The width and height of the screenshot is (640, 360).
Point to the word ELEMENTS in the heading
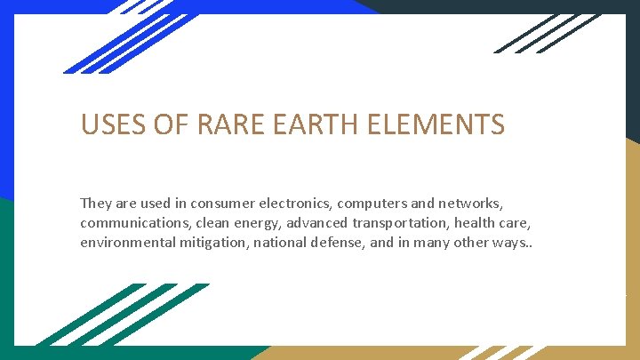pyautogui.click(x=442, y=124)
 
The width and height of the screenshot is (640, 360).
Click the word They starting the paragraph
pyautogui.click(x=97, y=204)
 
